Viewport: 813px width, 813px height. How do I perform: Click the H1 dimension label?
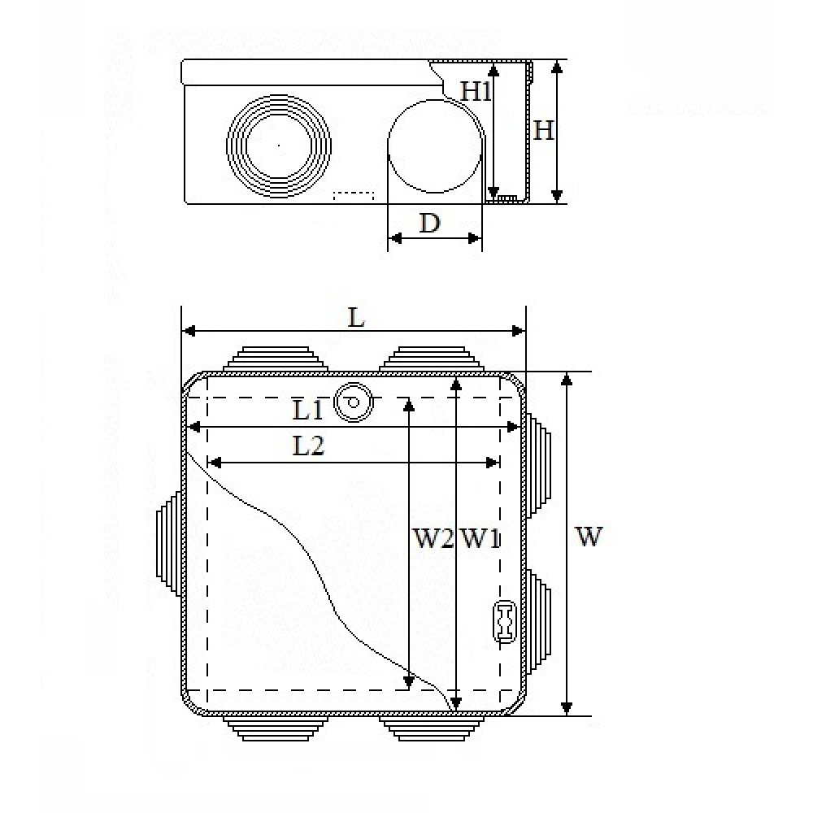click(x=476, y=92)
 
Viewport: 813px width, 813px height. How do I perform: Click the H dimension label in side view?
click(x=544, y=130)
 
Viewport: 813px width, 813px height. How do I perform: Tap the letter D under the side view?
click(x=429, y=224)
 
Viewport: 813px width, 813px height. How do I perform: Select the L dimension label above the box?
click(x=356, y=317)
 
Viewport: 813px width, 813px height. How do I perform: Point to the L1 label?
click(x=308, y=411)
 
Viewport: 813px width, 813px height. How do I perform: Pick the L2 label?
click(x=308, y=446)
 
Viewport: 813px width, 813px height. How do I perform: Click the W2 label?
click(x=433, y=539)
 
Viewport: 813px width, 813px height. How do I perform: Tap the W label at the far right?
click(x=589, y=536)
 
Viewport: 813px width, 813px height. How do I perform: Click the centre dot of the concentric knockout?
click(x=279, y=146)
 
